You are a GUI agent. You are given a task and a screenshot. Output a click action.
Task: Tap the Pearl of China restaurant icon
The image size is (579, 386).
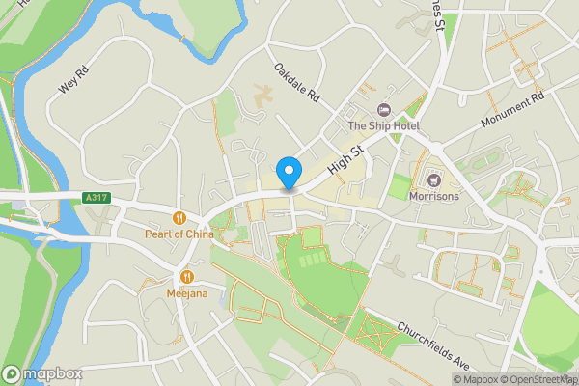point(179,217)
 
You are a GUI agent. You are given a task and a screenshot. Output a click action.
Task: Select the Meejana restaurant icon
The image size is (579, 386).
point(186,275)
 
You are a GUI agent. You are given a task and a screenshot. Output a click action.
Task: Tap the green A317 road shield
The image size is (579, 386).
point(95,198)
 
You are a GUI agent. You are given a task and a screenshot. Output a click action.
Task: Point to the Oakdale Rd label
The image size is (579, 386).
point(296,84)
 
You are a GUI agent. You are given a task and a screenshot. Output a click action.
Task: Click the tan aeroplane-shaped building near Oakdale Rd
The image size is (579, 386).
point(262,95)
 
